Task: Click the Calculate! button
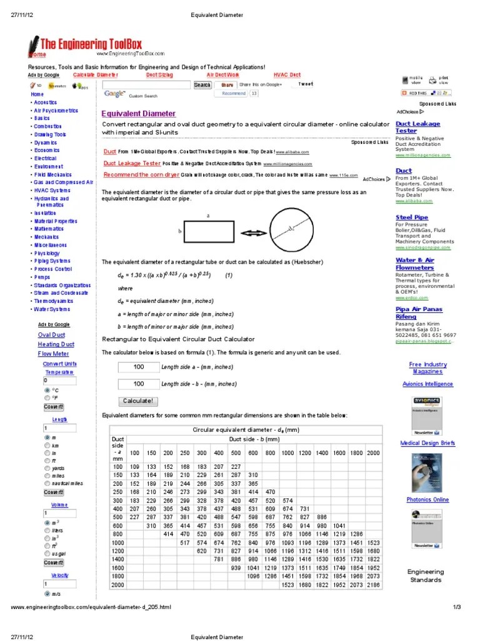(x=137, y=401)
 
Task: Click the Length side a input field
(x=137, y=367)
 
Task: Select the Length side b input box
(x=137, y=384)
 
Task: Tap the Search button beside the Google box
(x=202, y=85)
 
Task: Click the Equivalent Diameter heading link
(x=139, y=114)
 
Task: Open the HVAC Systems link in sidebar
(x=52, y=190)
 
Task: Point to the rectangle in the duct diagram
(x=207, y=232)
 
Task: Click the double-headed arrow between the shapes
(x=253, y=233)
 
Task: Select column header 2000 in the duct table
(x=373, y=453)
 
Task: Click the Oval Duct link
(x=51, y=335)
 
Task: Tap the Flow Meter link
(x=53, y=354)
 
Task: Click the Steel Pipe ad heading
(x=412, y=217)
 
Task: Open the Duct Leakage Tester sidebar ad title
(x=417, y=128)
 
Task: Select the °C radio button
(x=47, y=389)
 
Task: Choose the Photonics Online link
(x=427, y=500)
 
